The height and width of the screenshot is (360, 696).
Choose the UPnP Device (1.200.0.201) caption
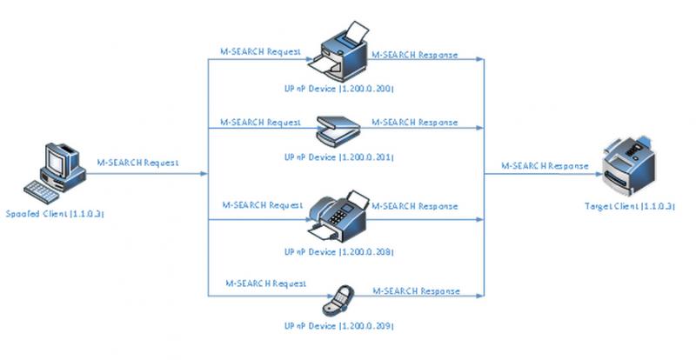[338, 157]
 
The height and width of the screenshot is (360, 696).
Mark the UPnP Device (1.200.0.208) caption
[338, 252]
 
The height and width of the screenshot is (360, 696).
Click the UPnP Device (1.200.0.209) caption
[338, 325]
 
